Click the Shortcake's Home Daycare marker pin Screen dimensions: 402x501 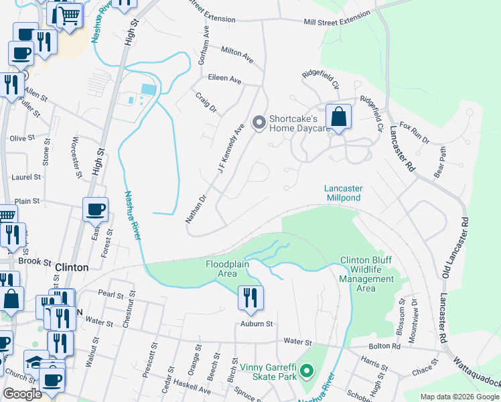point(259,123)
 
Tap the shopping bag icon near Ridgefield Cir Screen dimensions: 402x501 point(339,117)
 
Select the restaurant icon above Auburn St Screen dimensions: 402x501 point(250,297)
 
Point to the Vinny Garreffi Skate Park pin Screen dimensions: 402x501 point(307,370)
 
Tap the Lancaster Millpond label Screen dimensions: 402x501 point(344,194)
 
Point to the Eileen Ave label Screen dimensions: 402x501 point(224,79)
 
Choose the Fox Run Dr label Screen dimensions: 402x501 point(413,132)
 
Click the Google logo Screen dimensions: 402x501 point(22,394)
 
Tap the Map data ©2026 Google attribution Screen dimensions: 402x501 point(459,397)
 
